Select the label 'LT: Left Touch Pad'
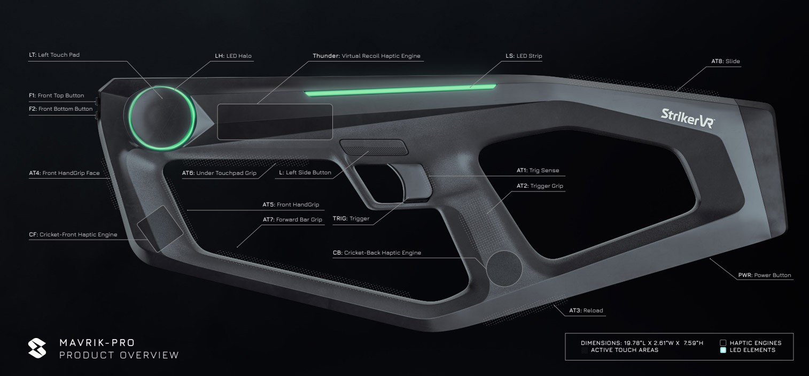[x=55, y=55]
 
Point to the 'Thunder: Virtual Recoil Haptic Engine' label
[x=367, y=55]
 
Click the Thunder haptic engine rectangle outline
[x=275, y=122]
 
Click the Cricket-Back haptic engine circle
[x=503, y=266]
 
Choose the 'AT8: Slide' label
[x=725, y=62]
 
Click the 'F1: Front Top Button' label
[x=56, y=96]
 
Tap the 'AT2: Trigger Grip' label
[x=540, y=186]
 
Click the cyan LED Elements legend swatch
[x=723, y=350]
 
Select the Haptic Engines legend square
[x=723, y=343]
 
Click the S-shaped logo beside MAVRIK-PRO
[x=38, y=347]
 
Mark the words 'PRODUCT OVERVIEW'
[x=120, y=355]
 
